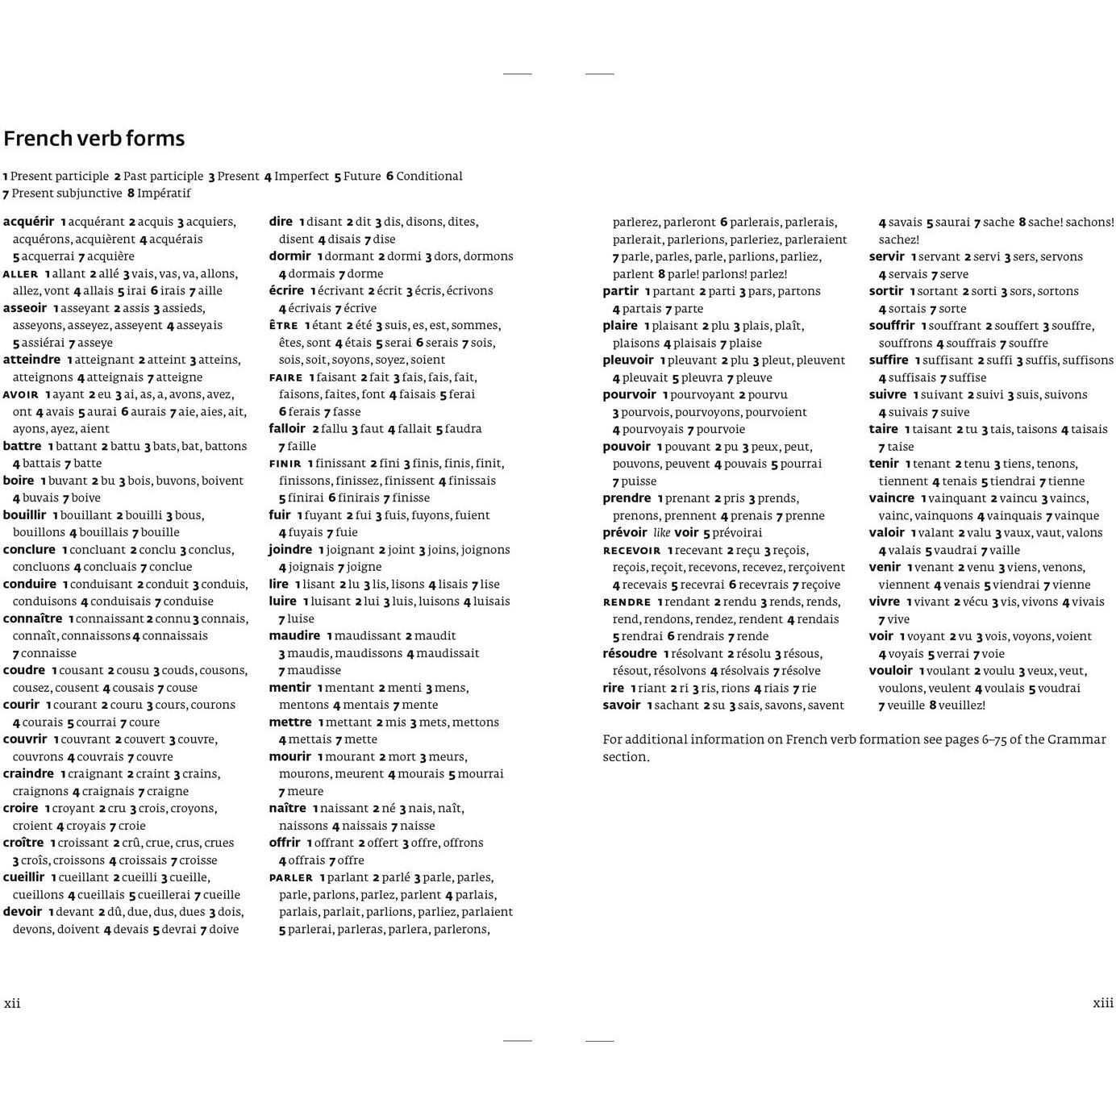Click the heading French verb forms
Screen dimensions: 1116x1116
(x=94, y=139)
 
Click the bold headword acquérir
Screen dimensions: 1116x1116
(x=28, y=222)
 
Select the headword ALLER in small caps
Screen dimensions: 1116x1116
(x=20, y=274)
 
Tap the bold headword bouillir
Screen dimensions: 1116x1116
(x=24, y=515)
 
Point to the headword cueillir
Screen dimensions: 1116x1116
(x=23, y=877)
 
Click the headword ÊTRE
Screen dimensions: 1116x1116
(x=283, y=326)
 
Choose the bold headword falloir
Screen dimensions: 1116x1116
(x=287, y=429)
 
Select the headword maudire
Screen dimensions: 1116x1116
(x=294, y=636)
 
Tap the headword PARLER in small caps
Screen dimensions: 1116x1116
(x=290, y=878)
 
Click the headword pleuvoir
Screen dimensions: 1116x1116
(x=627, y=360)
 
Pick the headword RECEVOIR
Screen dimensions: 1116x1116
(x=631, y=551)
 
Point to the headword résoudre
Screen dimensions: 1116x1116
(x=629, y=654)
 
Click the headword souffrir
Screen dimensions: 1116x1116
(x=891, y=326)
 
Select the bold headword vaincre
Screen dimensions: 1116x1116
(x=891, y=498)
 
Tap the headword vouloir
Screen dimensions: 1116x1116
(x=890, y=671)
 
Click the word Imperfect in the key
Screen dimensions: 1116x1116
(x=301, y=177)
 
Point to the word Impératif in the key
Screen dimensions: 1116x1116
(x=164, y=194)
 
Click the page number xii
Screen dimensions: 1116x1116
(x=12, y=1004)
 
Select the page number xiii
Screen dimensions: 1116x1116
(x=1102, y=1004)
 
